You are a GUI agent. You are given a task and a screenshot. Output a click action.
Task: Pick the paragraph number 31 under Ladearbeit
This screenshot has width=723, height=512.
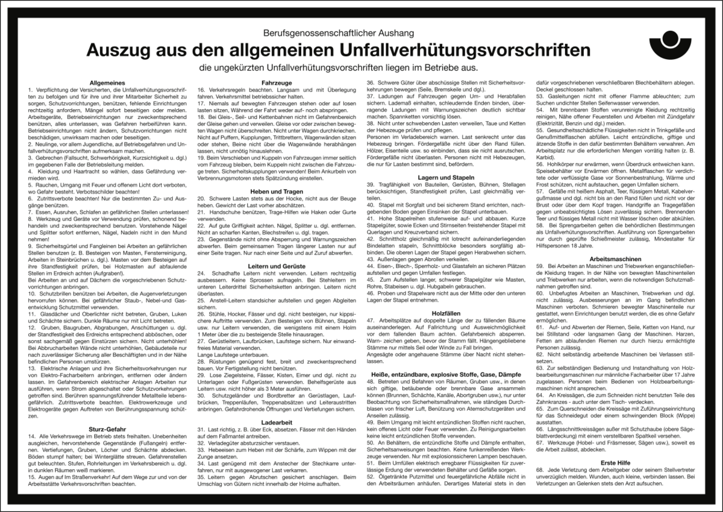[201, 429]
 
